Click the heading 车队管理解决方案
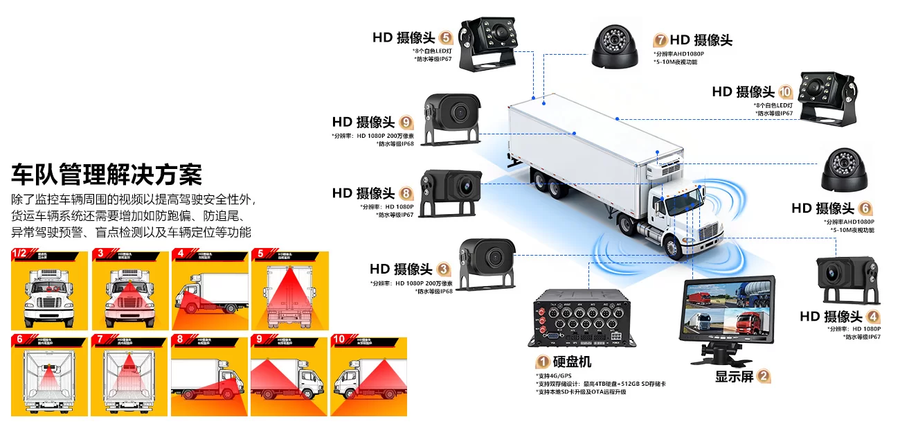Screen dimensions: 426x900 click(107, 174)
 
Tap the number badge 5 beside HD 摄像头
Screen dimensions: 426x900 click(446, 37)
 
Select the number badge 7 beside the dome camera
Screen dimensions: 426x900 click(660, 40)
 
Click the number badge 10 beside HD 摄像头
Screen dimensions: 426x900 click(785, 91)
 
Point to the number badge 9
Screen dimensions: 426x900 click(406, 123)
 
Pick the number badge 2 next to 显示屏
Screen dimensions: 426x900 click(764, 377)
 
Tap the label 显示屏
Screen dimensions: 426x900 click(734, 377)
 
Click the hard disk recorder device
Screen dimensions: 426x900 click(579, 319)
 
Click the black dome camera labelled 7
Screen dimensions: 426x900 click(614, 46)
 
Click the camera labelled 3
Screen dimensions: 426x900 click(489, 262)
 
